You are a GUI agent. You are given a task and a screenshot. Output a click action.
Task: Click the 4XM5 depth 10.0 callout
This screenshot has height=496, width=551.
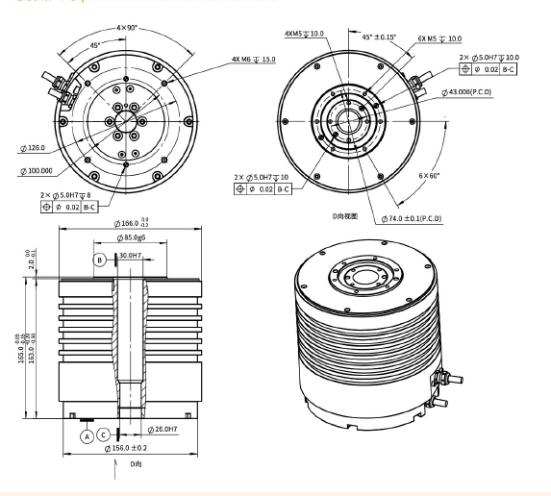click(x=306, y=34)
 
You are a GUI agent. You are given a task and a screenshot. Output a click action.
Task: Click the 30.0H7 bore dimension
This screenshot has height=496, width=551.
click(x=130, y=257)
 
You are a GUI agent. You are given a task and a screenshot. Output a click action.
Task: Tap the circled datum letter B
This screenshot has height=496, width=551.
click(x=99, y=259)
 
